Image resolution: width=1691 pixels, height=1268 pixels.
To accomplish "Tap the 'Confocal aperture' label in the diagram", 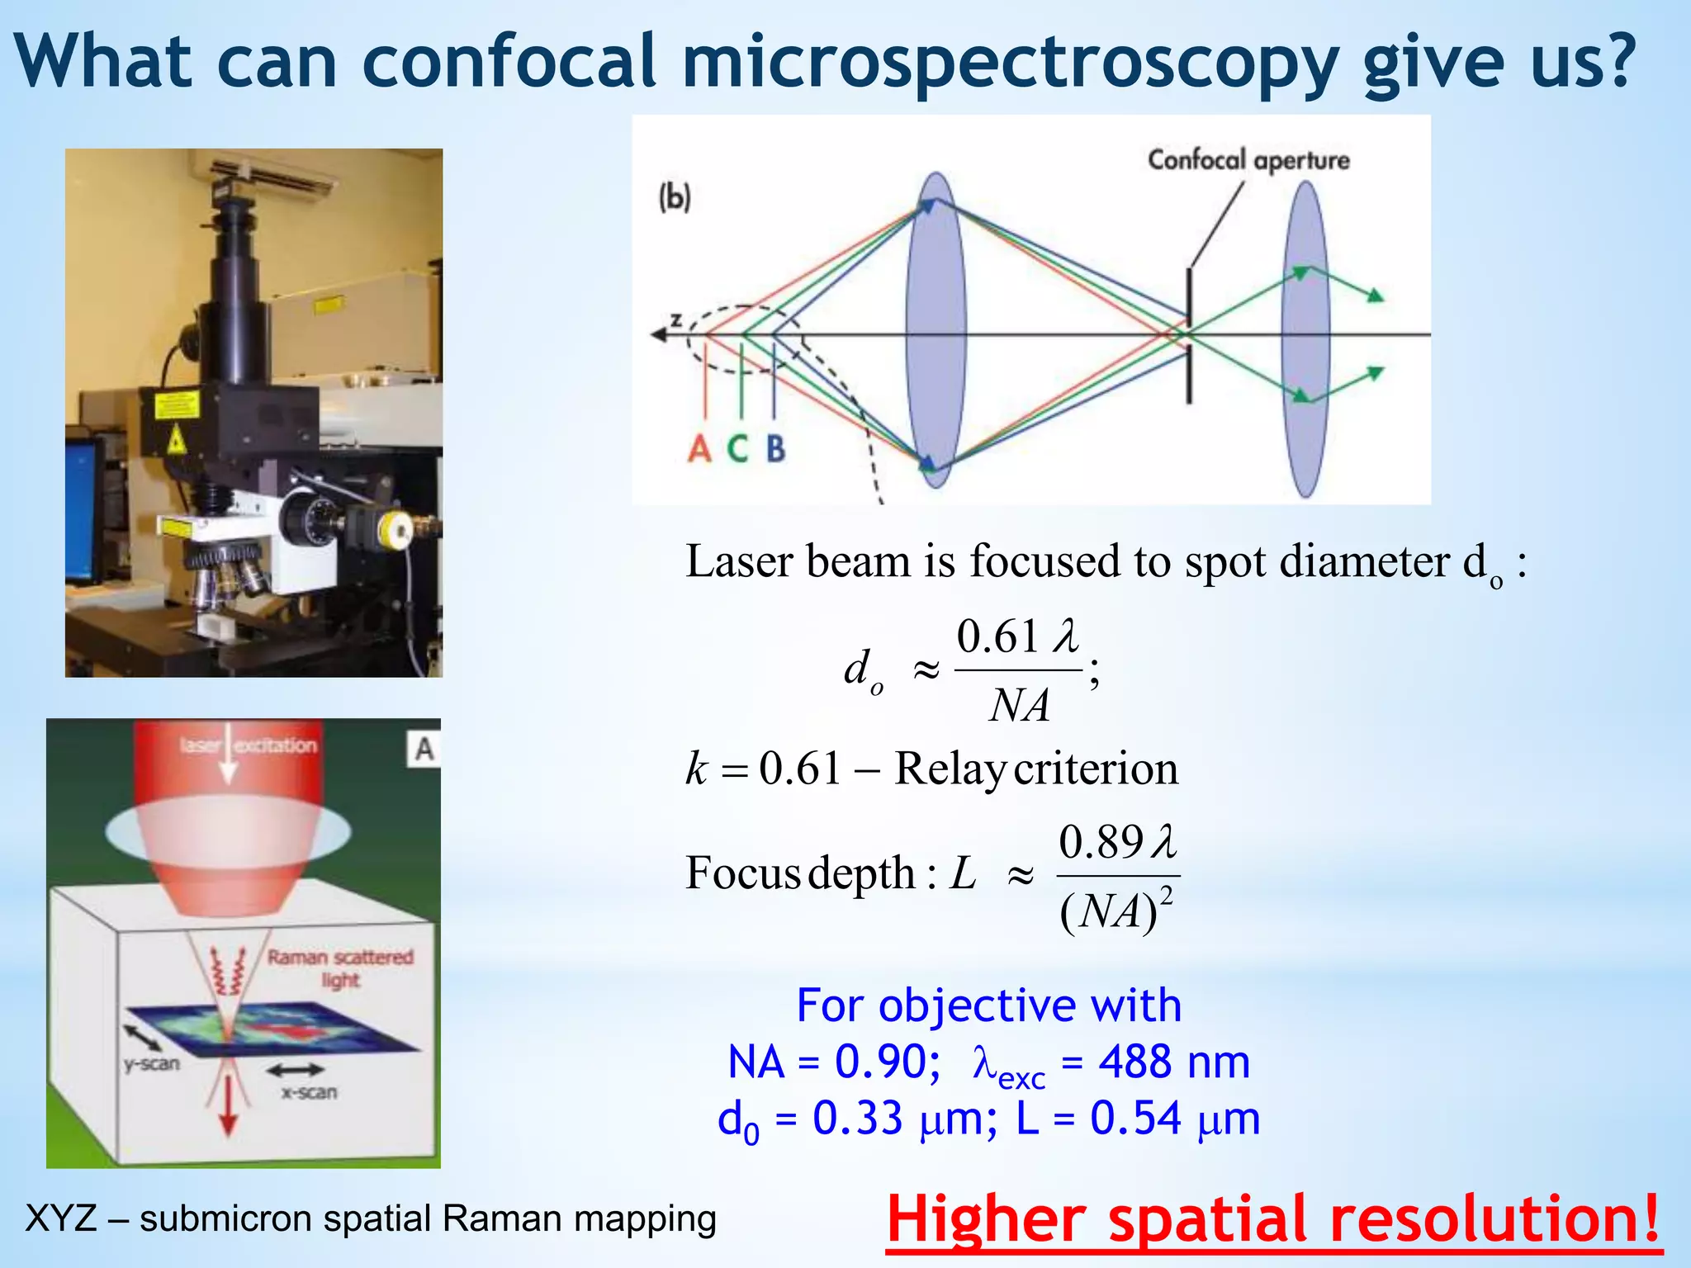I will (1248, 159).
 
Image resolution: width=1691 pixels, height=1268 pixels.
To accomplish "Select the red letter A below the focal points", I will (699, 449).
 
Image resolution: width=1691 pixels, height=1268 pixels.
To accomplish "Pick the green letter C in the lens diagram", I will (737, 449).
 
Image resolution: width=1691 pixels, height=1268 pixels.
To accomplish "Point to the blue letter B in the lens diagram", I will (775, 449).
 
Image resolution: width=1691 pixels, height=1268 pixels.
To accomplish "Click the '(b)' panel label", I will (674, 197).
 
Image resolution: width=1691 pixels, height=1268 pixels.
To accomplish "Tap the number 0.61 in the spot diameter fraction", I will (997, 637).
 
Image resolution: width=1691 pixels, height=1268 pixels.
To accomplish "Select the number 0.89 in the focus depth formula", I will (1101, 843).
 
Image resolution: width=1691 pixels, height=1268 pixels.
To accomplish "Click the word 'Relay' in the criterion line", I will (950, 769).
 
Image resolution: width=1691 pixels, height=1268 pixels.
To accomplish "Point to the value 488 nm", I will (1173, 1062).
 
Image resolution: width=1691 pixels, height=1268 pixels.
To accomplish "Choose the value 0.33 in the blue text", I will (857, 1119).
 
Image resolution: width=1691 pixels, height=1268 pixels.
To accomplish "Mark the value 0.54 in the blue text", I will (1135, 1119).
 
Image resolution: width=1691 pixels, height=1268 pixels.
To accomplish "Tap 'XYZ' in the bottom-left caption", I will (61, 1218).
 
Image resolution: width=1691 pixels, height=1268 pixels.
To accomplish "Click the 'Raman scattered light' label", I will (340, 968).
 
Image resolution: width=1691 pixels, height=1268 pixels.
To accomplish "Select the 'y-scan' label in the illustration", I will (152, 1063).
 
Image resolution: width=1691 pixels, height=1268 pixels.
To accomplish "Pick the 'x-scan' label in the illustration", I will (309, 1092).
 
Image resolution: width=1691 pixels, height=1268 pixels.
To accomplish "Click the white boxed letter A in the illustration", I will (424, 749).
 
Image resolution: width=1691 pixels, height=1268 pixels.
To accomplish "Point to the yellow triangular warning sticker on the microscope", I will (176, 442).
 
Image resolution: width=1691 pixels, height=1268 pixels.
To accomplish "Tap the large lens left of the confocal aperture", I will (935, 330).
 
